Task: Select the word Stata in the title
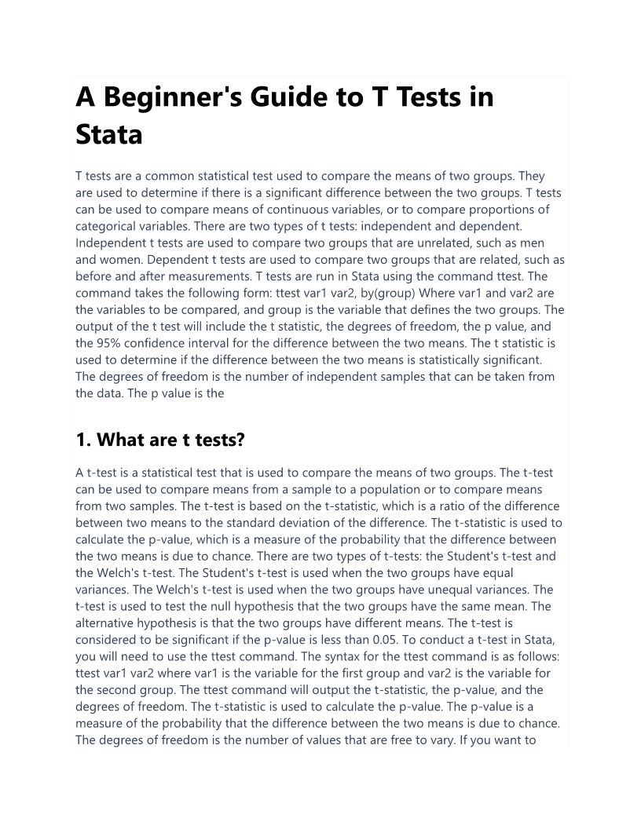(109, 134)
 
